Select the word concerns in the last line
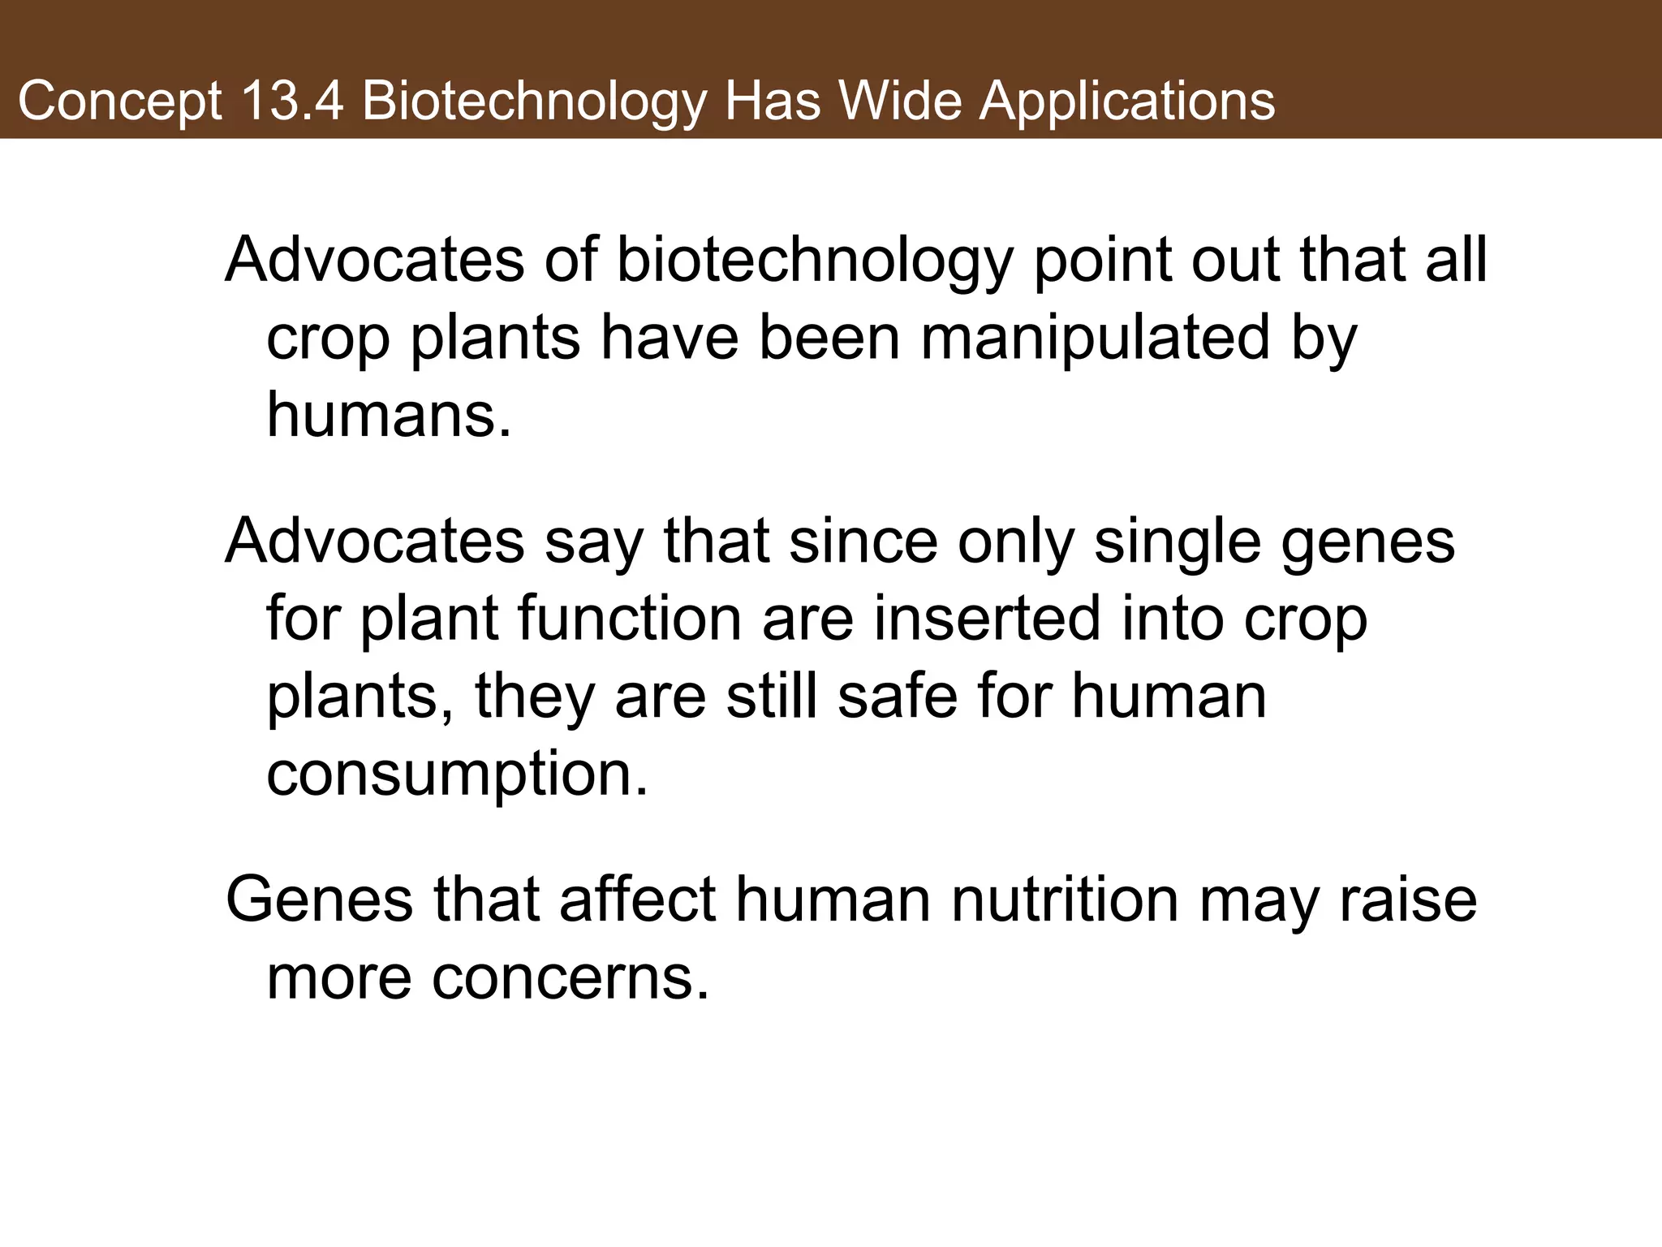(571, 977)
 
